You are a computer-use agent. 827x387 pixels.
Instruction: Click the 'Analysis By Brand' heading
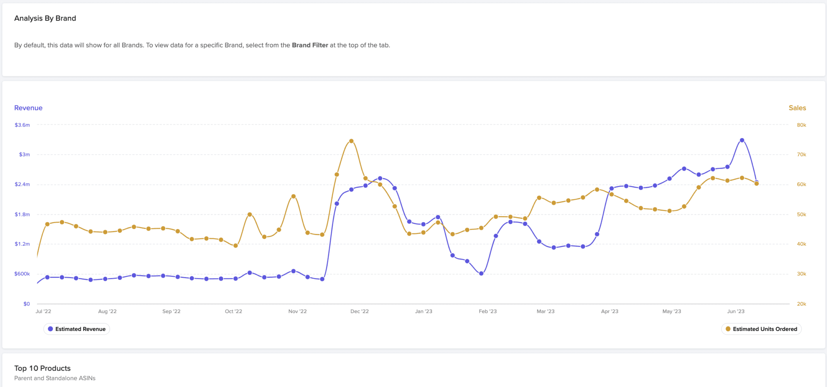click(45, 18)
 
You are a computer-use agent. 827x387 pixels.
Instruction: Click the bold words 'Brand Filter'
click(310, 45)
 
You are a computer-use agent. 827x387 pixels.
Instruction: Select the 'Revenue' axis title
click(28, 108)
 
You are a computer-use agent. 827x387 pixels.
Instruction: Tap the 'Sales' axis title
click(797, 108)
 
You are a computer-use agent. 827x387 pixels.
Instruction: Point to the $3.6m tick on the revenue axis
click(22, 125)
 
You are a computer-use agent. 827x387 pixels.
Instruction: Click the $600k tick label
click(22, 274)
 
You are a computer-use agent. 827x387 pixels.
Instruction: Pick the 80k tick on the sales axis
click(801, 125)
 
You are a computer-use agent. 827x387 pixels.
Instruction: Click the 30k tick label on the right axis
click(801, 274)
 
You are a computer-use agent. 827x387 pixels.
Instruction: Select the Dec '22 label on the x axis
click(359, 312)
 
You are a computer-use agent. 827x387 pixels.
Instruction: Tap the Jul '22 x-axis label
click(43, 312)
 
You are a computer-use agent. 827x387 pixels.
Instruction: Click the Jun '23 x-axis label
click(736, 312)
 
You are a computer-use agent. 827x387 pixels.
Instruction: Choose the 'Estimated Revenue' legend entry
click(77, 329)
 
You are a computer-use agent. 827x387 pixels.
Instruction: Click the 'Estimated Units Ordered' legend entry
click(761, 329)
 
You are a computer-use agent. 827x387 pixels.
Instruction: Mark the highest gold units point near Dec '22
click(351, 141)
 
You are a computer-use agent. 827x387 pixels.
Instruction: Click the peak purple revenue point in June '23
click(742, 140)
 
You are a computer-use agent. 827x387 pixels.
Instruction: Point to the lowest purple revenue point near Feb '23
click(481, 274)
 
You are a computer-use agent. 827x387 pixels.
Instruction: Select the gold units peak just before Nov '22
click(294, 197)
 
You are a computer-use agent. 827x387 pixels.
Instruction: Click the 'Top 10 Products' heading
click(42, 368)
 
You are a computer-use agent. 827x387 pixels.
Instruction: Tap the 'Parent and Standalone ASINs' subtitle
click(55, 379)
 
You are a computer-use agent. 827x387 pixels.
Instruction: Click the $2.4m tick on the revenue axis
click(22, 184)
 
